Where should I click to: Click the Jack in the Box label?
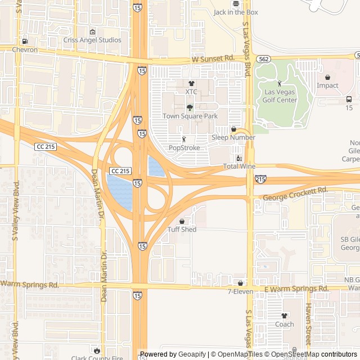tap(236, 12)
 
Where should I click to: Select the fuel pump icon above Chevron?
tap(25, 42)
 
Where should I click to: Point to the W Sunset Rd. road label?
tap(213, 58)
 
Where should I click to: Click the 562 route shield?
tap(263, 58)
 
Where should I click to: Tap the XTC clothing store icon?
tap(191, 83)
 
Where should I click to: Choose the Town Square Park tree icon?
tap(190, 107)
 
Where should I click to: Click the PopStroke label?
tap(184, 148)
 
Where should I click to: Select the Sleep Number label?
tap(233, 137)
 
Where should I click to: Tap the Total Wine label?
tap(239, 166)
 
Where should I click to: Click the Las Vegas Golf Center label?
tap(280, 96)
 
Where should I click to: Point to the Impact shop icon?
tap(327, 78)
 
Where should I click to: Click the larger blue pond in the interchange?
tap(120, 191)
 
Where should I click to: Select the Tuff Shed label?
tap(182, 229)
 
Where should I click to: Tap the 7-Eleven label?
tap(240, 291)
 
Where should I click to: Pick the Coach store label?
tap(285, 324)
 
